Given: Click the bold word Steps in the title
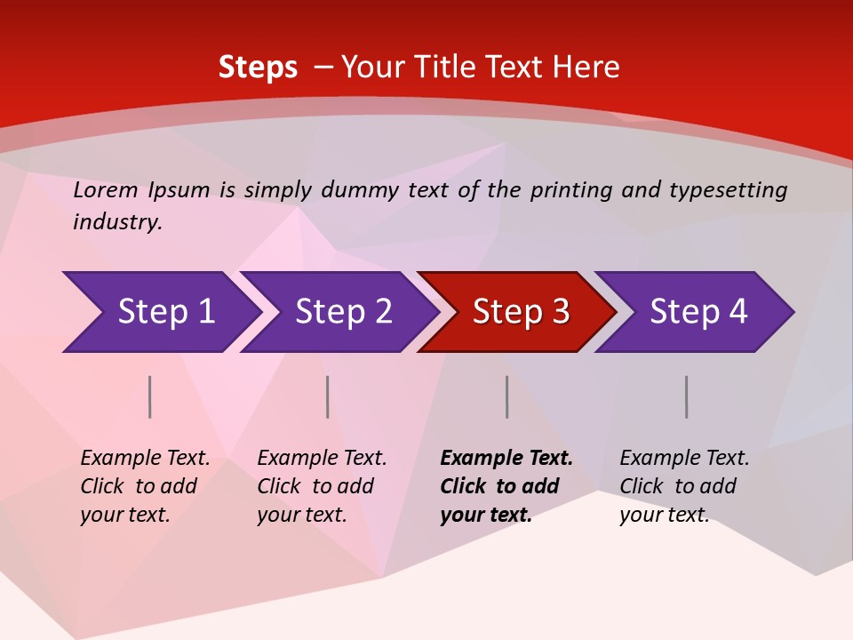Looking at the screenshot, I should [x=258, y=68].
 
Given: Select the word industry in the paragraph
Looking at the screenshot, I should [x=116, y=222].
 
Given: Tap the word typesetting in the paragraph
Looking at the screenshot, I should [x=728, y=190].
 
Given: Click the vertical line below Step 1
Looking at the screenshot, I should [x=150, y=396].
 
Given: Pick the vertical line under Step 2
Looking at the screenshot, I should [x=328, y=396].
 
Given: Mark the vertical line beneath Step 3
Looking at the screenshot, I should [x=507, y=396].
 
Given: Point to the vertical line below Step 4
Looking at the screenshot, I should [x=687, y=396].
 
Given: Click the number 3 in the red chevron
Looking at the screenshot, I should [x=560, y=312].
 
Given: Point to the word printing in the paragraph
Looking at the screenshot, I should [x=570, y=190].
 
